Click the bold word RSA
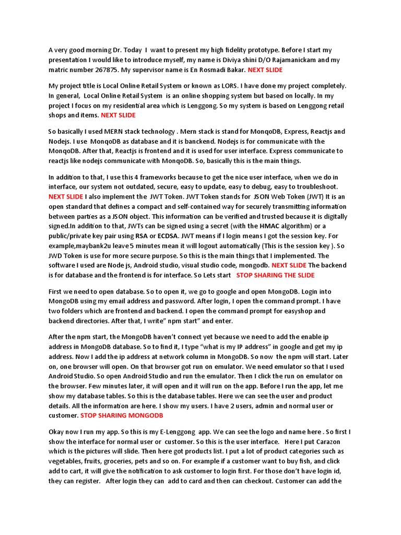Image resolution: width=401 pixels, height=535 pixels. [x=141, y=236]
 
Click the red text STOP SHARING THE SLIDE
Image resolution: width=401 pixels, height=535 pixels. [x=275, y=275]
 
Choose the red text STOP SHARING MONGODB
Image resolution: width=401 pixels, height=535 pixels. [x=122, y=415]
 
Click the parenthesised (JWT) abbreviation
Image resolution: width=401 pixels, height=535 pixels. [x=310, y=196]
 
